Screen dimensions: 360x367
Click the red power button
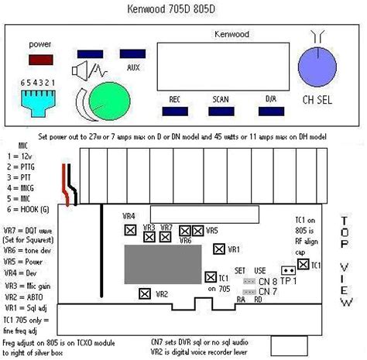click(x=42, y=58)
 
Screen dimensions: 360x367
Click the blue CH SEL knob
click(x=318, y=65)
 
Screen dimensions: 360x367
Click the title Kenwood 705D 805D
click(x=183, y=11)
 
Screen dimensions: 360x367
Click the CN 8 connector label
click(x=268, y=280)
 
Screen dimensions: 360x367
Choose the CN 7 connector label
click(x=268, y=291)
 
